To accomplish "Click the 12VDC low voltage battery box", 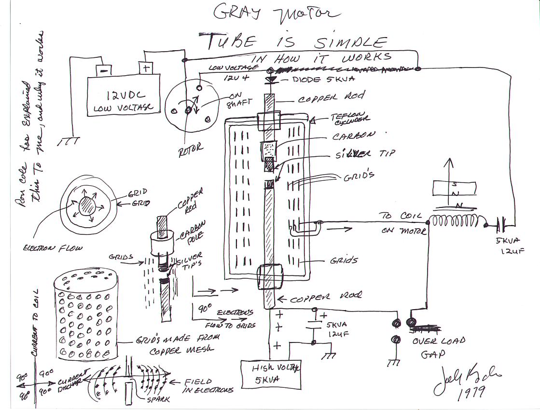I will (x=123, y=96).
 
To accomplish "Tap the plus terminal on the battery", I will (x=145, y=68).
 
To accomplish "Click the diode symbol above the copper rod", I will (x=271, y=79).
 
